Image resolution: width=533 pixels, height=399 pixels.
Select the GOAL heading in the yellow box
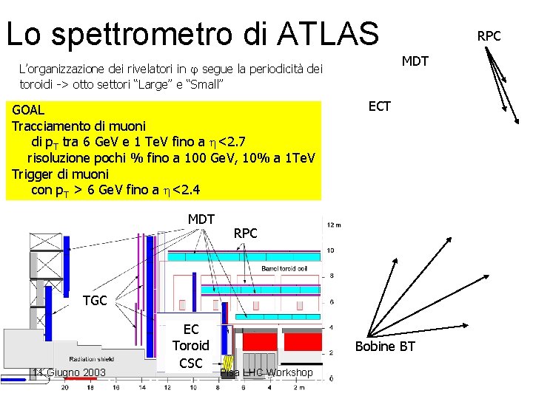29,110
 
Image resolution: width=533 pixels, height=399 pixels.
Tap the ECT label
379,106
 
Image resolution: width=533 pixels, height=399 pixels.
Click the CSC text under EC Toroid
190,363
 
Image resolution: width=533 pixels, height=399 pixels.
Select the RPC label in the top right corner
489,35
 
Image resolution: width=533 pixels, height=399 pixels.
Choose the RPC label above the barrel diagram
245,233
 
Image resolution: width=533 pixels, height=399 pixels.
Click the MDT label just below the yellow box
201,219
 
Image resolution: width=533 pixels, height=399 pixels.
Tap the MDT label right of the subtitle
415,61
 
